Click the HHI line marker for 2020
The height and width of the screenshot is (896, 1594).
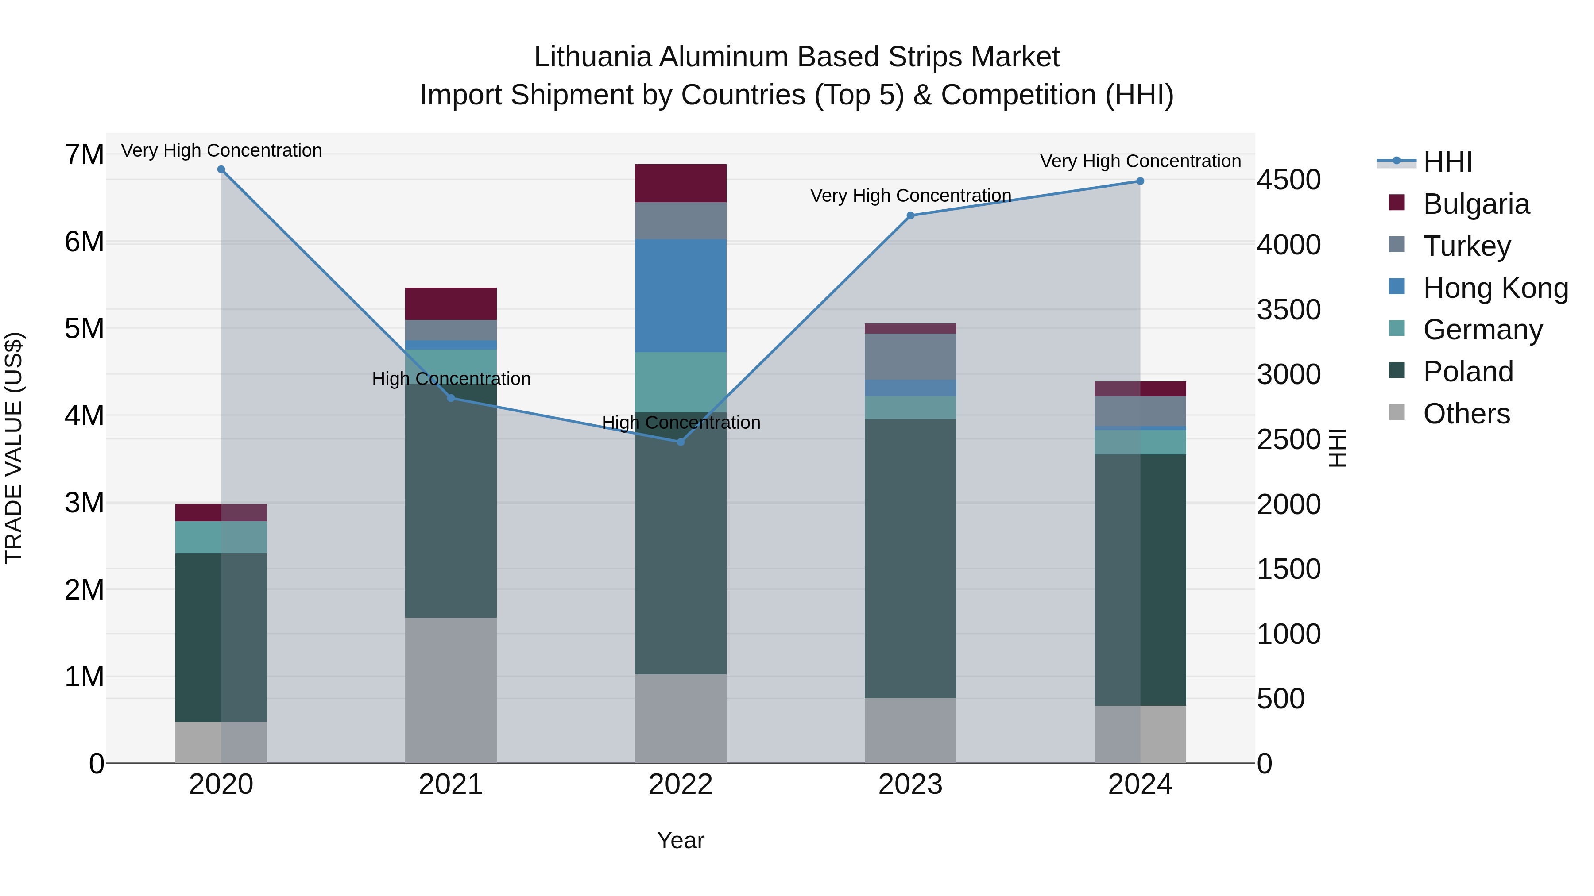pos(221,169)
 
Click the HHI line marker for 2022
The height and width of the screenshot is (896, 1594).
pos(681,442)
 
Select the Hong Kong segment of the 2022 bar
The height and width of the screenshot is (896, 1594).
pos(681,296)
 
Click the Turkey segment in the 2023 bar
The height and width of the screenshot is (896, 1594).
pos(910,356)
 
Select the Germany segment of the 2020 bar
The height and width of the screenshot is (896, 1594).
pos(221,537)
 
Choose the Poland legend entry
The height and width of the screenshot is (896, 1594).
pos(1468,372)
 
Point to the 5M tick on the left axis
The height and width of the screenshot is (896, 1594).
pos(84,328)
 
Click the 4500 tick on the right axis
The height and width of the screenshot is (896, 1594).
pos(1288,180)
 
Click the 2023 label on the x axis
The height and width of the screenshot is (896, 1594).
pos(910,784)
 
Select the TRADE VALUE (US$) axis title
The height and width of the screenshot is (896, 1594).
pos(14,448)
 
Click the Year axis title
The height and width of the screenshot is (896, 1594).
pos(681,840)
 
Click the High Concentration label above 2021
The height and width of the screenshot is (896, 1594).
pos(451,378)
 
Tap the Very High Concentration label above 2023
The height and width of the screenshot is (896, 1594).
pos(910,196)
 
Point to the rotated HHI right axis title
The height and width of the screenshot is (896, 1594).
pos(1337,448)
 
